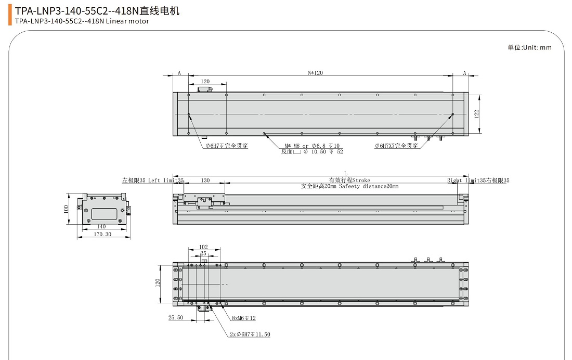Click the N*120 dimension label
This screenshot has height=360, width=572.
316,73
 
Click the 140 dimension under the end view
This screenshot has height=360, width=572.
101,226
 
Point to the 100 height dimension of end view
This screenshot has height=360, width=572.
66,209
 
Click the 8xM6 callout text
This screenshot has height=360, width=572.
243,318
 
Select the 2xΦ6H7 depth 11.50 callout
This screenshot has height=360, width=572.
250,335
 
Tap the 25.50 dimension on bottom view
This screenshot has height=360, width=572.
176,317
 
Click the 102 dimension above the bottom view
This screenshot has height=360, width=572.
203,247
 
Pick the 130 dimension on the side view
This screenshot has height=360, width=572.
205,181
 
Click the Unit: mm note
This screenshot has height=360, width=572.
529,48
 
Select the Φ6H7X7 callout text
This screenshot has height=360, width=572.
397,146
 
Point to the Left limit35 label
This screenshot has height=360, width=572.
153,181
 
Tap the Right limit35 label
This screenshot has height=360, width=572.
478,181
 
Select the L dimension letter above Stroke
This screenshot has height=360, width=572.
345,174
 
